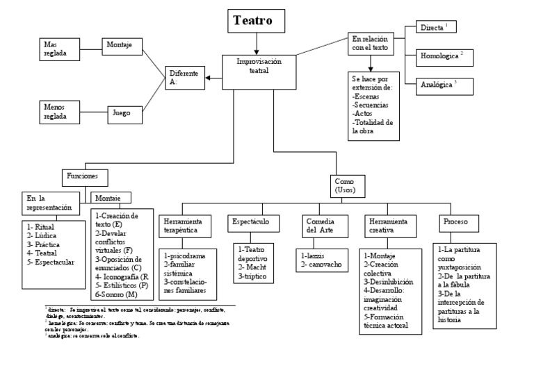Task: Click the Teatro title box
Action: pos(257,22)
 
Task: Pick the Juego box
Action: pos(123,112)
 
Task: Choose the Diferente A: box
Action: pos(184,77)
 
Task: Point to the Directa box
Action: pos(437,28)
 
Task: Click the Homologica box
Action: pos(442,56)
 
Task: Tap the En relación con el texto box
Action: pos(371,43)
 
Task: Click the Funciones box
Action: pos(87,176)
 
